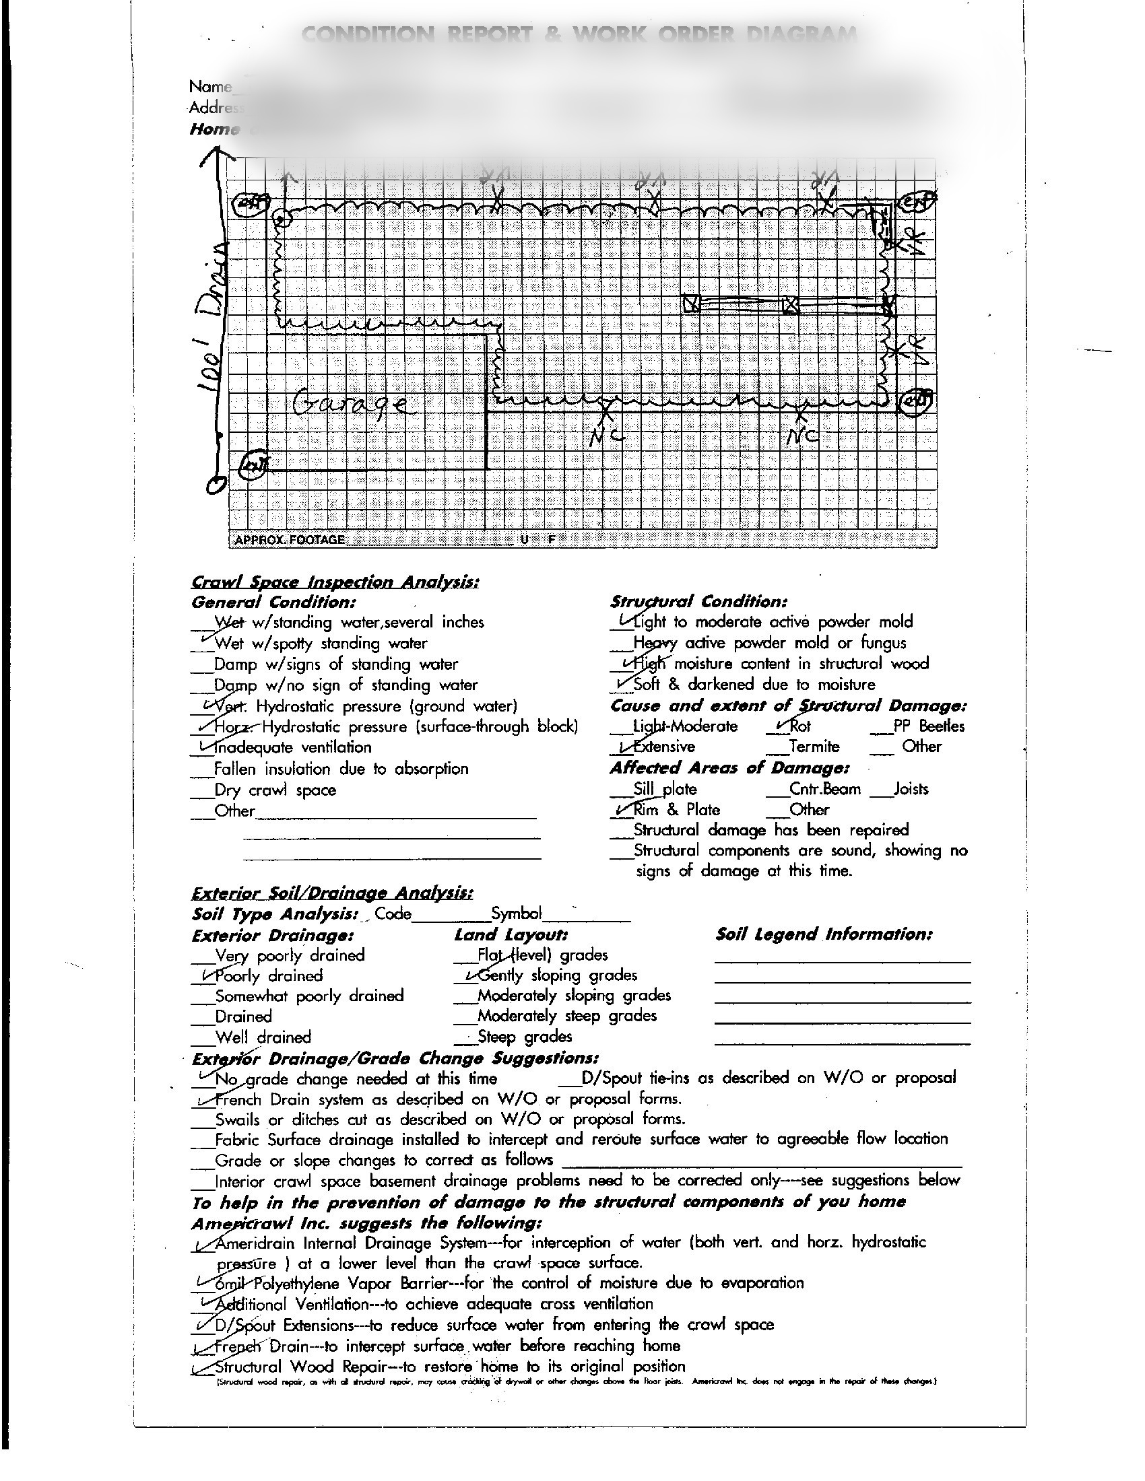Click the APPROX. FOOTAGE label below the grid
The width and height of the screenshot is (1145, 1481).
coord(289,540)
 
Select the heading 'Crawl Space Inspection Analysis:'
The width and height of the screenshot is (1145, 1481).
coord(335,582)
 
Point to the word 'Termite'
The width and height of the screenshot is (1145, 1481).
coord(814,747)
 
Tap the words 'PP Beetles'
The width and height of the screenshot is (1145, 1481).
coord(929,726)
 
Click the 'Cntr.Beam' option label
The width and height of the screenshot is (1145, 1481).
coord(825,790)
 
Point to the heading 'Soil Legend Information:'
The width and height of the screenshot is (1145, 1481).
coord(824,934)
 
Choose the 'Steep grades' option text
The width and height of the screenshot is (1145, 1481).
coord(524,1037)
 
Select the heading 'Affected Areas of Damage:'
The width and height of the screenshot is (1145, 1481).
coord(729,768)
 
